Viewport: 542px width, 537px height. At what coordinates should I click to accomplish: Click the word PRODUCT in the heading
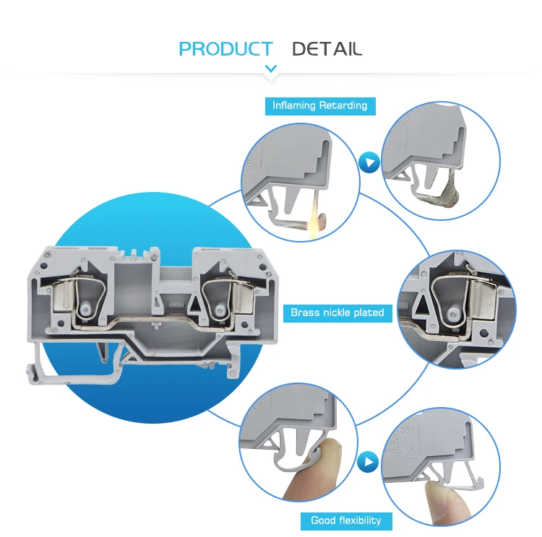pyautogui.click(x=225, y=49)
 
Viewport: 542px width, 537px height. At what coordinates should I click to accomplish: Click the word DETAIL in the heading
pyautogui.click(x=327, y=49)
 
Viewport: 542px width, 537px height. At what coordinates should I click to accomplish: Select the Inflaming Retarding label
pyautogui.click(x=319, y=105)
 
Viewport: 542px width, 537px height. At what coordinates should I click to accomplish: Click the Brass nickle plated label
pyautogui.click(x=337, y=313)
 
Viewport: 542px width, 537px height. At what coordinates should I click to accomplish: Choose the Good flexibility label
pyautogui.click(x=345, y=520)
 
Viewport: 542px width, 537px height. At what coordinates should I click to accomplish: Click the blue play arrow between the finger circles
pyautogui.click(x=369, y=460)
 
